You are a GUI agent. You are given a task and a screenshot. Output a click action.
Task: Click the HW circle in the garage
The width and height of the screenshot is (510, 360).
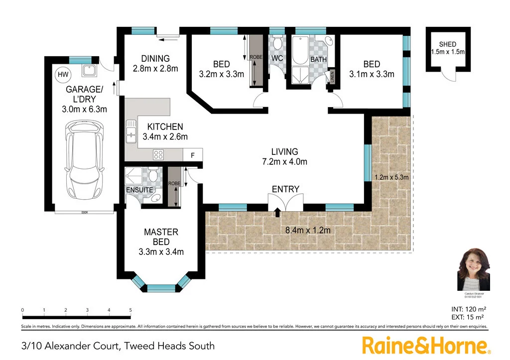point(63,75)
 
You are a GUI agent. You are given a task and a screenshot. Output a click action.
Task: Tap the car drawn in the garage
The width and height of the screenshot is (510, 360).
point(86,159)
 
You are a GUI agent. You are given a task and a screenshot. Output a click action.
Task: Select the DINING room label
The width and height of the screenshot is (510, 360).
point(155,58)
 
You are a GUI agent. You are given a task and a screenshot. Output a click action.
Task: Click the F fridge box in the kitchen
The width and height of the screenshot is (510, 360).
point(193,155)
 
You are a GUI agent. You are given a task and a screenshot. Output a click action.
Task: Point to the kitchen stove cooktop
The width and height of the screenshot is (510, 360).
point(159,154)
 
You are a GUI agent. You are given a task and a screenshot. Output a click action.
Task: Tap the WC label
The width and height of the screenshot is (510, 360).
point(277,59)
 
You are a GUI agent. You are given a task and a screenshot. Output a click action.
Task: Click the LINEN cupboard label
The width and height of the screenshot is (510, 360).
point(332,77)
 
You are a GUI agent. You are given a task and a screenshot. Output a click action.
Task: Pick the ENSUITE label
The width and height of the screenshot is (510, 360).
point(139,190)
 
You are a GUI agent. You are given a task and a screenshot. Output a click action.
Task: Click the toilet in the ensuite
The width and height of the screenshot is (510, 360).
point(153,175)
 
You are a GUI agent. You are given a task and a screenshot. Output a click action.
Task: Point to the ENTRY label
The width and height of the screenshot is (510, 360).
point(285,189)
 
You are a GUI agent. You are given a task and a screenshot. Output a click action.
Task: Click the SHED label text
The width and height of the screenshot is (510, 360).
point(447,45)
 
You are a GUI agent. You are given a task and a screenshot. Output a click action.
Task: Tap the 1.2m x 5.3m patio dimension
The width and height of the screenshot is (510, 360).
point(391,177)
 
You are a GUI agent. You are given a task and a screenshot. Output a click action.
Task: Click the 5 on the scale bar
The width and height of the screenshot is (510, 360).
point(130,310)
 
